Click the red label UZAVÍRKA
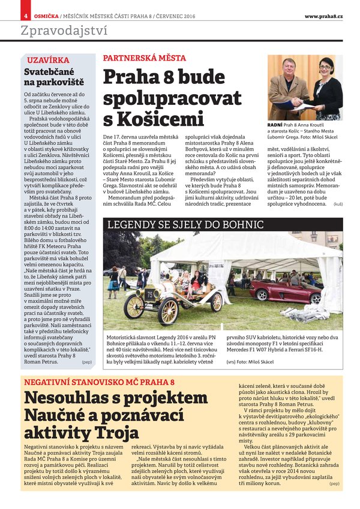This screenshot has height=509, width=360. (47, 61)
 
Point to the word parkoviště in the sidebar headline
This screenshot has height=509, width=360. (58, 82)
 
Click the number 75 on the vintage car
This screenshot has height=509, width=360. (149, 294)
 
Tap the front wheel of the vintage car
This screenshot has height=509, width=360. (133, 306)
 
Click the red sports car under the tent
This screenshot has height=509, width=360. (277, 293)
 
